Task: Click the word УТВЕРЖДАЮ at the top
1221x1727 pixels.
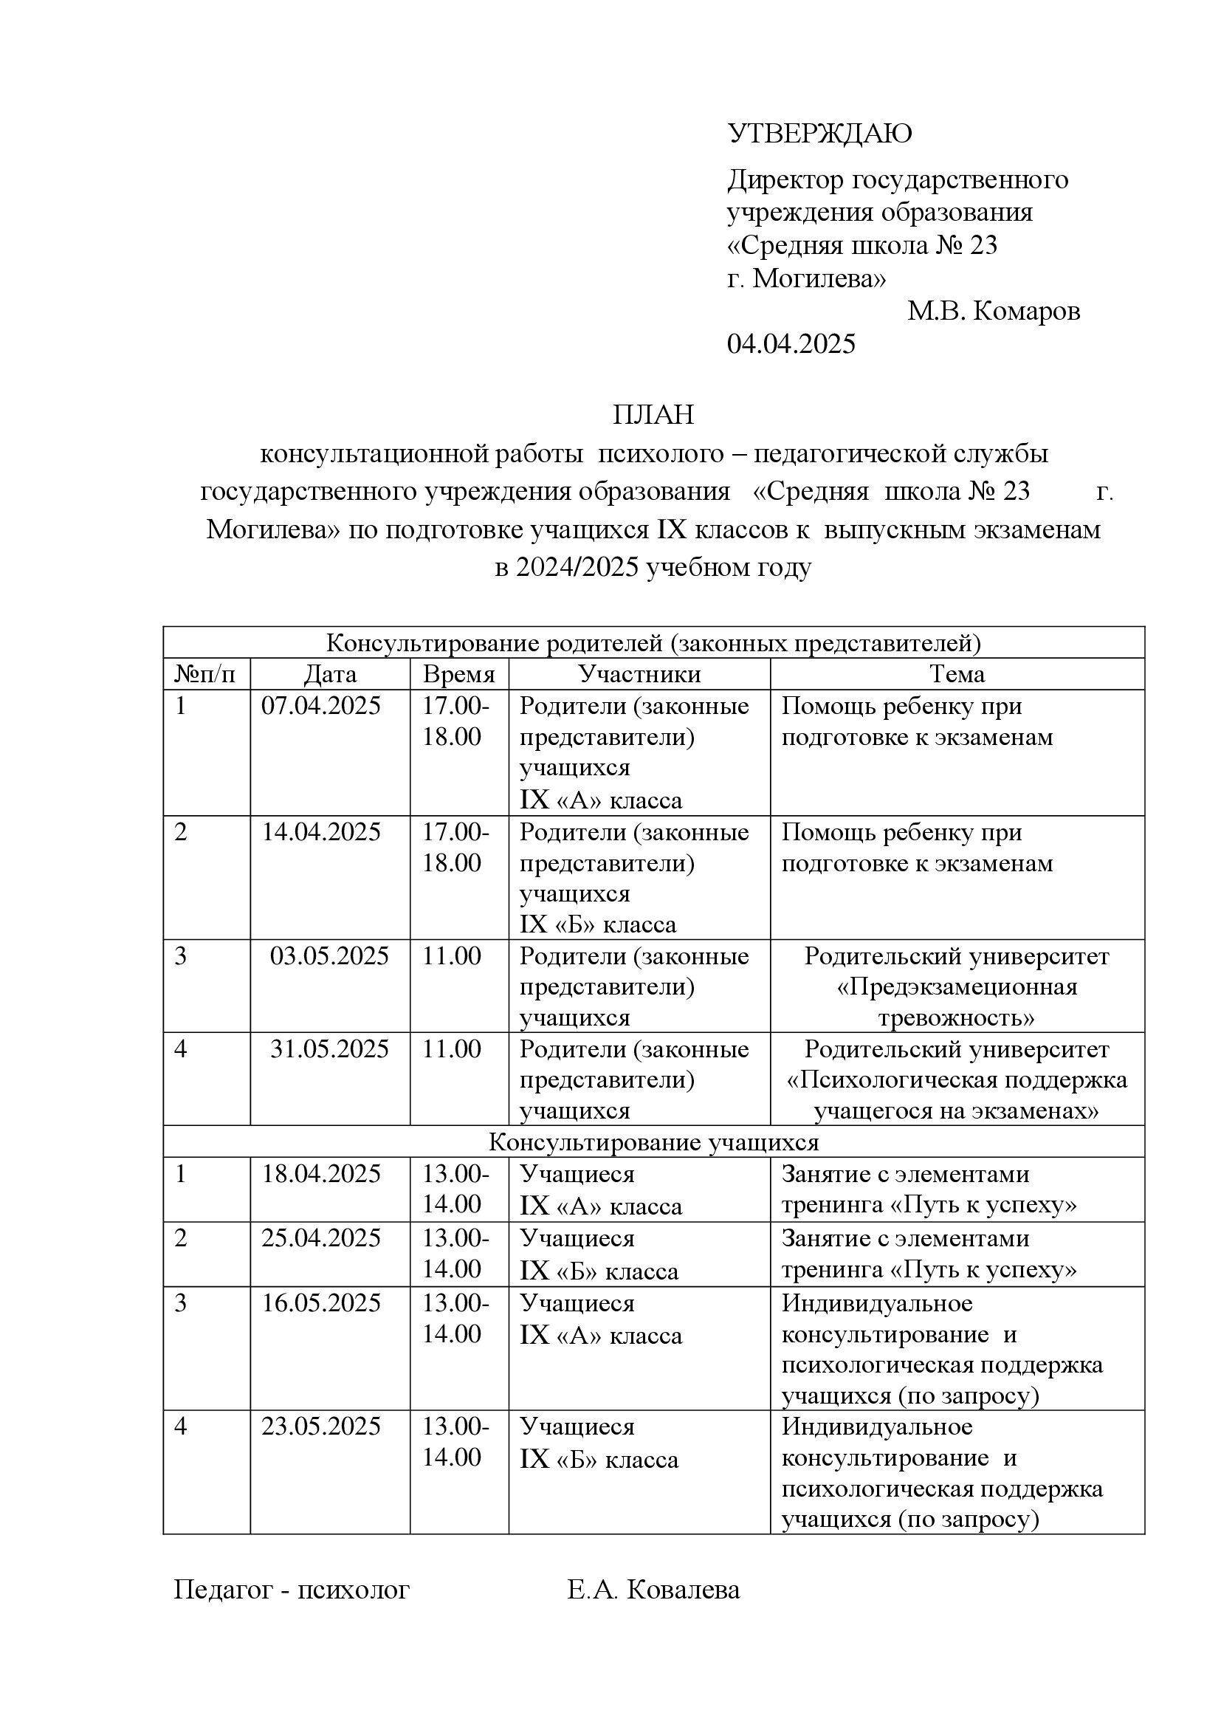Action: (x=819, y=134)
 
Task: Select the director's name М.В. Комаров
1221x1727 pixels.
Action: (x=993, y=311)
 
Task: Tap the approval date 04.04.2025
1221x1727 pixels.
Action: (x=791, y=344)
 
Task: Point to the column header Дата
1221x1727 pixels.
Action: (x=330, y=674)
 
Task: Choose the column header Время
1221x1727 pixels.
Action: (x=458, y=674)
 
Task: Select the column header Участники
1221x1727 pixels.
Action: (x=639, y=674)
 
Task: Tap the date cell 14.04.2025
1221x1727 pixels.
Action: (x=321, y=832)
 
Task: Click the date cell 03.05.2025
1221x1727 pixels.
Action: (x=329, y=956)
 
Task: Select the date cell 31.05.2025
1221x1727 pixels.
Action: (x=329, y=1048)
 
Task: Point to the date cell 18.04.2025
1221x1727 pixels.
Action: (x=321, y=1173)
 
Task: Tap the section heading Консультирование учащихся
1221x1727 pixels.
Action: (x=653, y=1141)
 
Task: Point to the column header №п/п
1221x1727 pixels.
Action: (x=204, y=674)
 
